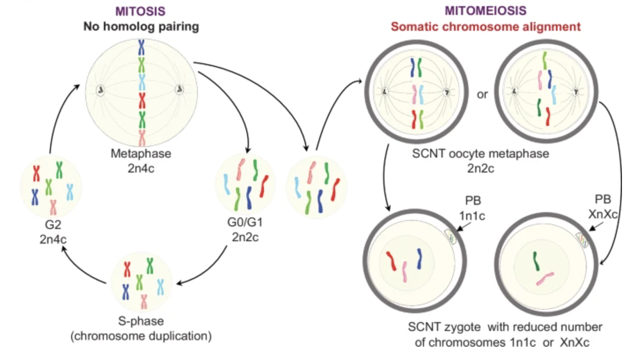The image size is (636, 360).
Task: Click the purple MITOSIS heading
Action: [141, 11]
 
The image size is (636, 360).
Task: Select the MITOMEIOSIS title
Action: [486, 11]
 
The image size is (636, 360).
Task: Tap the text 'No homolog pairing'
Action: [141, 26]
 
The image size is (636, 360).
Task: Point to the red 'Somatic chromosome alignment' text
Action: [486, 26]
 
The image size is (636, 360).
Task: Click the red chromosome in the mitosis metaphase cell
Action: [142, 100]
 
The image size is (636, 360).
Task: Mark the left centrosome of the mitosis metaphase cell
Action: [101, 90]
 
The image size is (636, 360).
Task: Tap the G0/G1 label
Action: [245, 222]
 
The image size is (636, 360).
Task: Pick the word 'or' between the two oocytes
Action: [482, 94]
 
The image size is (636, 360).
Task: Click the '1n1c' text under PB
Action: [473, 216]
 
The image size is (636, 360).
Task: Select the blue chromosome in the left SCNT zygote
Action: [419, 258]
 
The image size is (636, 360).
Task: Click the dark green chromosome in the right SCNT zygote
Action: [536, 261]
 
